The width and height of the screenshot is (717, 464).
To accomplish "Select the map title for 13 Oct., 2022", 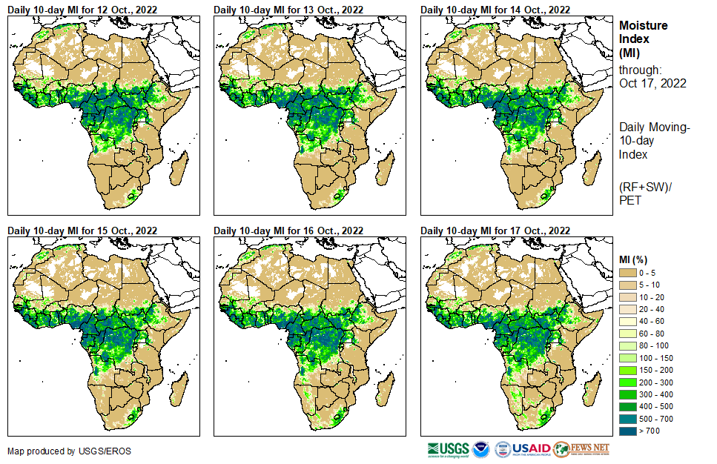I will (288, 10).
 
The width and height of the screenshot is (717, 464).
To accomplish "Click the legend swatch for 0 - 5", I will (627, 273).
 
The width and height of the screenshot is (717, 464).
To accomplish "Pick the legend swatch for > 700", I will (627, 431).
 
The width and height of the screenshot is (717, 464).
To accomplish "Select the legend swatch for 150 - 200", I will (627, 370).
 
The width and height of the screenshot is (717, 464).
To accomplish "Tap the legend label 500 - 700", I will (655, 419).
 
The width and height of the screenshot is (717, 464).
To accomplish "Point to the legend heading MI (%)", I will (633, 259).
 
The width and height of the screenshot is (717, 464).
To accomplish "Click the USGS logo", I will (448, 449).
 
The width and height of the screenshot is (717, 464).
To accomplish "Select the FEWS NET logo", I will (583, 449).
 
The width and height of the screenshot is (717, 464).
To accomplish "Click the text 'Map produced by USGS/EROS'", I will (59, 451).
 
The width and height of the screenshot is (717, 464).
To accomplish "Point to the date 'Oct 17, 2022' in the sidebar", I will (652, 83).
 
